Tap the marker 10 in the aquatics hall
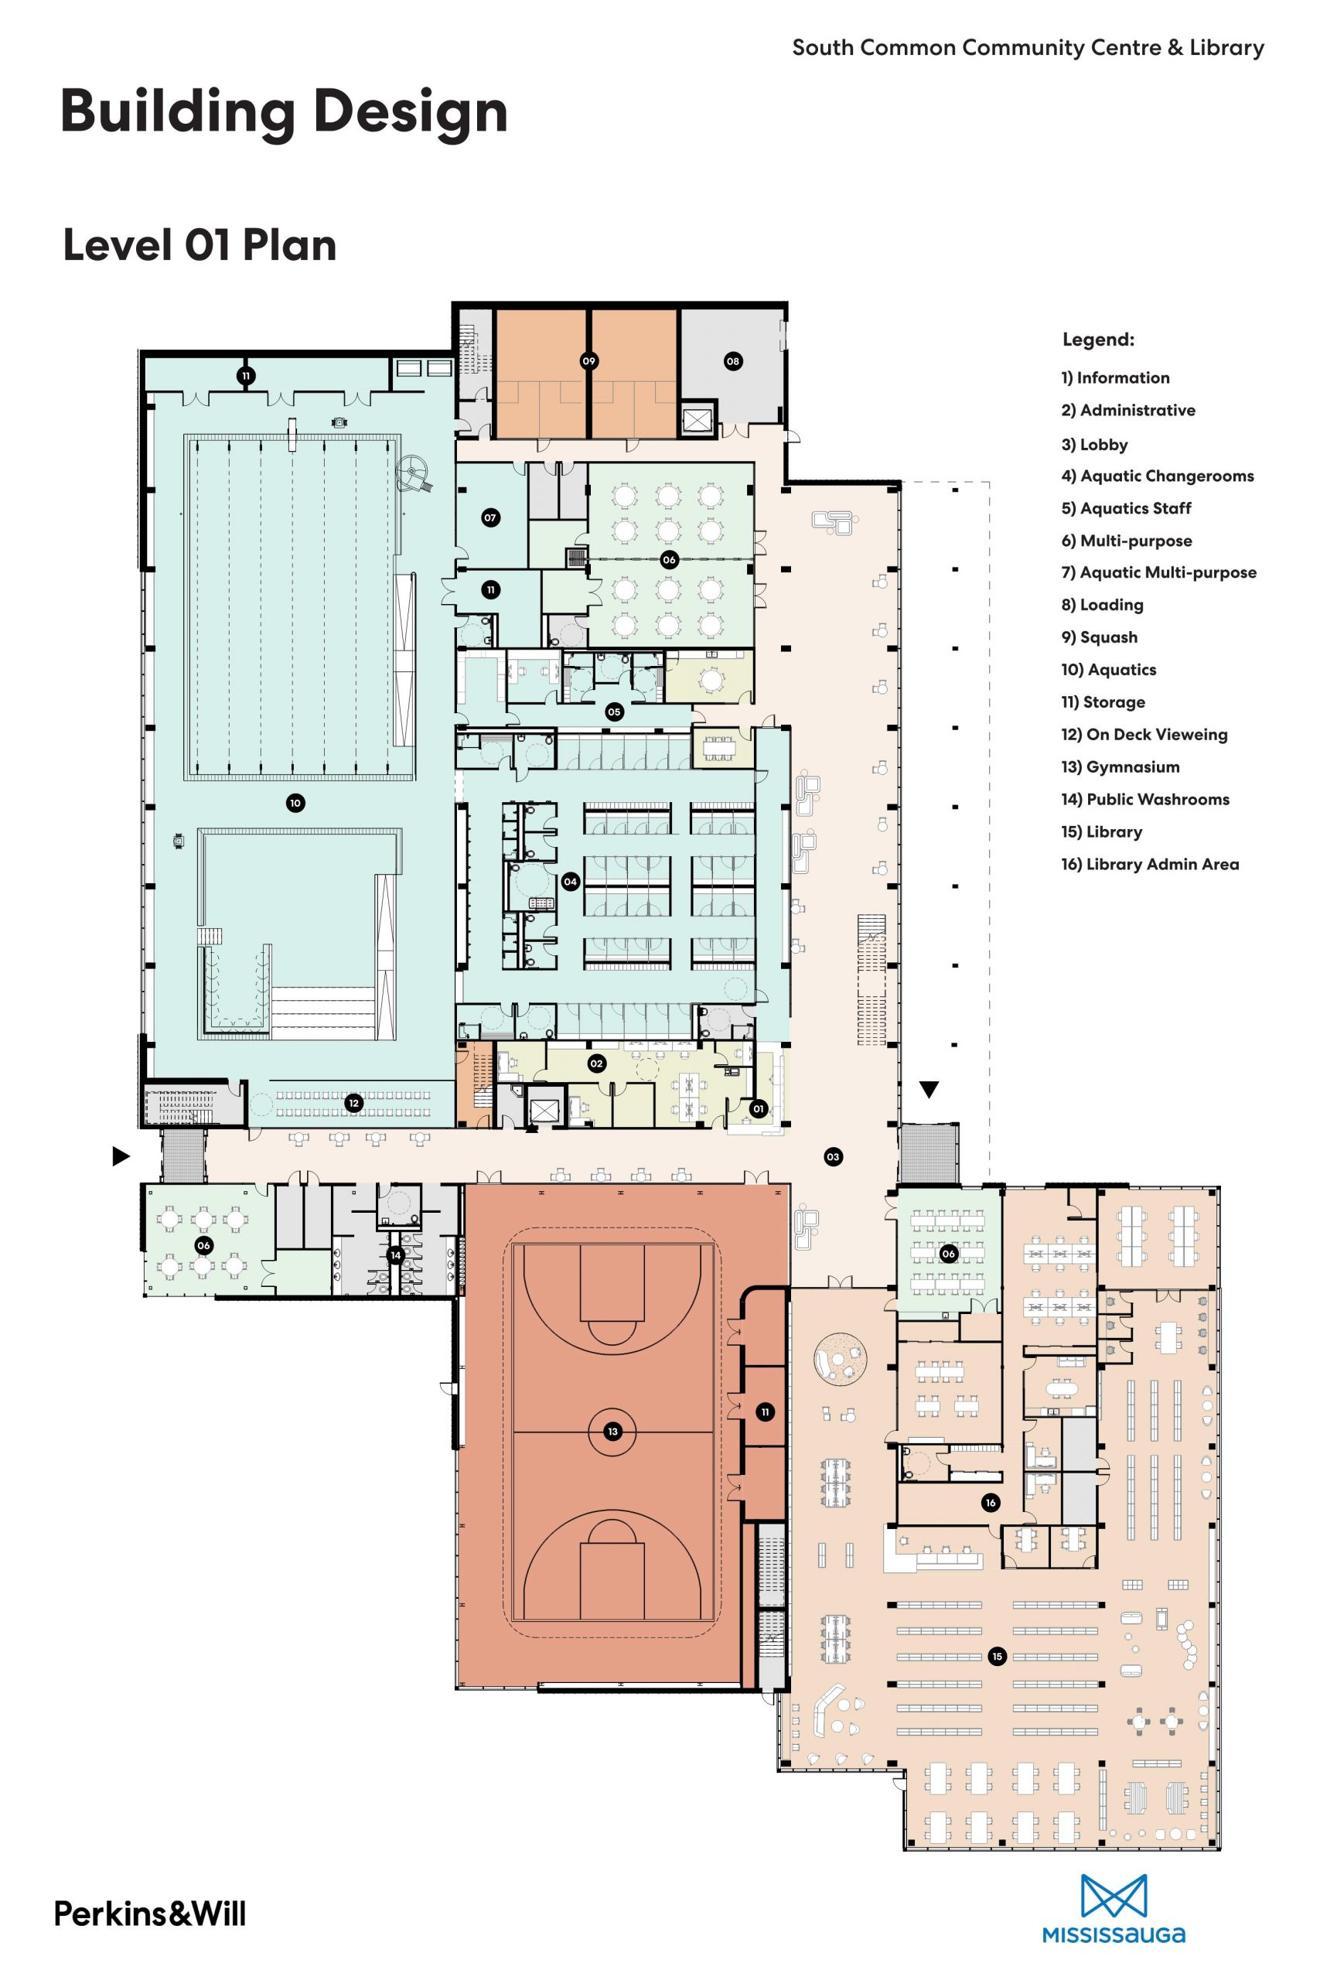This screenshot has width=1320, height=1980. [295, 803]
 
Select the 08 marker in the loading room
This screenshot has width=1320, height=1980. [733, 361]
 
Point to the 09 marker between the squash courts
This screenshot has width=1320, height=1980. [589, 361]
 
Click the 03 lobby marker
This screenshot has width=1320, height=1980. [834, 1157]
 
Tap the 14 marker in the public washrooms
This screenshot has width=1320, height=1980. [396, 1255]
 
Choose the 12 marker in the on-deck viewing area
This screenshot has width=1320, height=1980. [354, 1103]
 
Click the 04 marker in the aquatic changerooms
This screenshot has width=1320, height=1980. [571, 882]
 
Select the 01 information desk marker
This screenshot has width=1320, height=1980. [759, 1108]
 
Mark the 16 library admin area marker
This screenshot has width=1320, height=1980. [991, 1503]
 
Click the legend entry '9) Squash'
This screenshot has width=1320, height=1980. [1100, 637]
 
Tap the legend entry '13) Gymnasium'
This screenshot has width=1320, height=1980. [1120, 767]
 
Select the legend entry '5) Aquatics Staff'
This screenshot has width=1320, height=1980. [1127, 507]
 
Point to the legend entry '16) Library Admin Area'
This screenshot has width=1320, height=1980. [1150, 864]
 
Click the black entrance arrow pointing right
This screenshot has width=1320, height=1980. [122, 1157]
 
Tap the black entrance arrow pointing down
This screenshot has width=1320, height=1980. [929, 1091]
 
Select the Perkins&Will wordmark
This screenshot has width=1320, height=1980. [151, 1913]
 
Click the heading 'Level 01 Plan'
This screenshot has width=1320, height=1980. [200, 246]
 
